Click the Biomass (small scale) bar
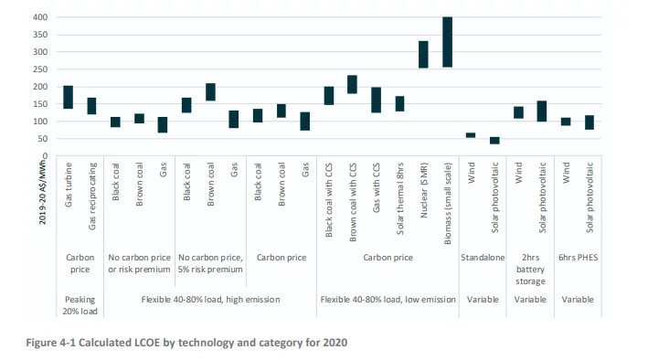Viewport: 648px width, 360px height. [447, 42]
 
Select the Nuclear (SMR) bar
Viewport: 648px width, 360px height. [423, 55]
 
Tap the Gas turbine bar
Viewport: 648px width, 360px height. [69, 97]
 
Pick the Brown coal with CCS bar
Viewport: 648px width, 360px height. [352, 84]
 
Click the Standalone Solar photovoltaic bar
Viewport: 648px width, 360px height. [494, 141]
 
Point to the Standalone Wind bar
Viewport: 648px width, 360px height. [471, 135]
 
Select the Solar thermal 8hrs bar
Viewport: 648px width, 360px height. [399, 104]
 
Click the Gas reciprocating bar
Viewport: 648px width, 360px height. [91, 106]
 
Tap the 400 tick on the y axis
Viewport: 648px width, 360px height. [40, 17]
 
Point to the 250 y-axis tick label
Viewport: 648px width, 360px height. [40, 69]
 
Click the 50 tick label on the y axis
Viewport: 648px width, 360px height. [43, 139]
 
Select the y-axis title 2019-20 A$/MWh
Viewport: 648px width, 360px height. [43, 192]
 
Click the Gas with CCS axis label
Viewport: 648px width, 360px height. [376, 187]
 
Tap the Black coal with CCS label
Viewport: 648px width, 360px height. [329, 200]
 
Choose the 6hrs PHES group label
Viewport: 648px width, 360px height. [579, 258]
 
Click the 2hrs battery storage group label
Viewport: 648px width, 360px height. [530, 269]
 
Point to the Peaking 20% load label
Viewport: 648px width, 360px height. [80, 305]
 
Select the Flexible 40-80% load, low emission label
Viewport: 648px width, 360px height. [388, 300]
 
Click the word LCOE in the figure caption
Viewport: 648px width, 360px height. [147, 343]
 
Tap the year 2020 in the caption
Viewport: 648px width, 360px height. [335, 343]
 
